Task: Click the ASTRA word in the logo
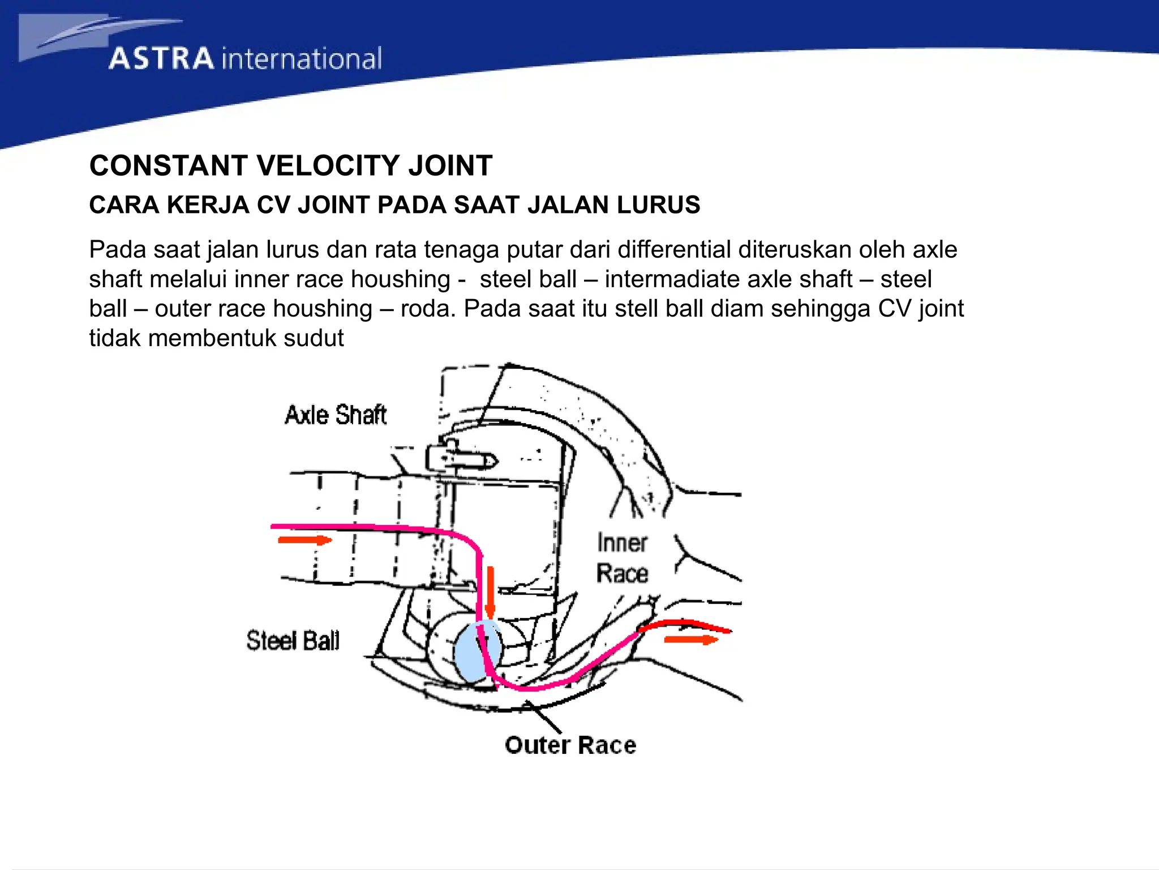click(161, 59)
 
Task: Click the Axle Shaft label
click(335, 415)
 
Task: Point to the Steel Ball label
click(293, 641)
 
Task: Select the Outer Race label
click(570, 745)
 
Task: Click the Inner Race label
click(622, 558)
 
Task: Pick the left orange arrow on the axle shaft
click(304, 540)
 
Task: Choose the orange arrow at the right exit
click(690, 639)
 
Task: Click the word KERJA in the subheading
click(208, 204)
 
